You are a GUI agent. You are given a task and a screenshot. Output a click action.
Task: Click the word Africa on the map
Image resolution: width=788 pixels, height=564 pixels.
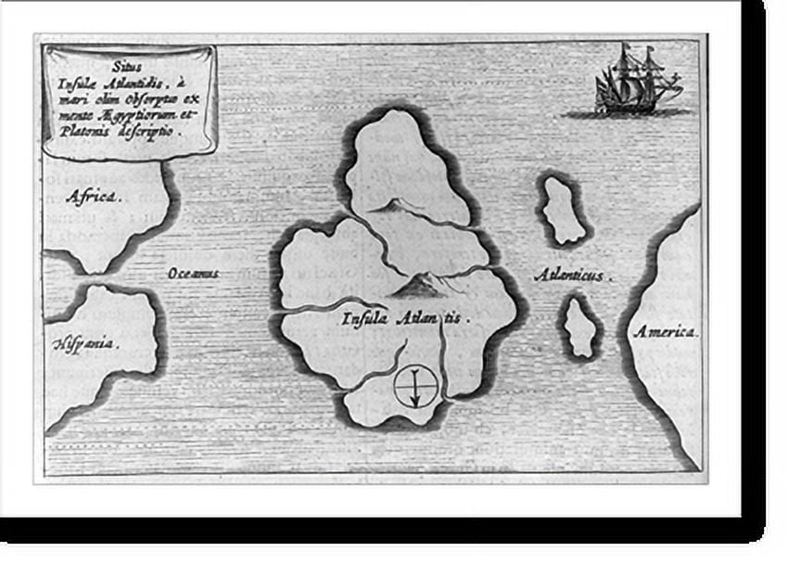point(91,196)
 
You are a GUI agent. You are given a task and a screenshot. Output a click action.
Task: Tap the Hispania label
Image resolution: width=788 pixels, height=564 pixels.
point(83,343)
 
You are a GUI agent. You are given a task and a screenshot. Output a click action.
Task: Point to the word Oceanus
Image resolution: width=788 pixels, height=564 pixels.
point(194,274)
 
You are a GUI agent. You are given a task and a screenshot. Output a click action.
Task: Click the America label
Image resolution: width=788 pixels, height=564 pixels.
point(666,332)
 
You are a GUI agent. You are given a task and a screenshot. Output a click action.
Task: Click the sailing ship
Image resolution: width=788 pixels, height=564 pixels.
point(638,82)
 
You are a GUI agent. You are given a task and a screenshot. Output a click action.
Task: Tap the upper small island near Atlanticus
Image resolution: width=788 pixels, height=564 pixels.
point(563,210)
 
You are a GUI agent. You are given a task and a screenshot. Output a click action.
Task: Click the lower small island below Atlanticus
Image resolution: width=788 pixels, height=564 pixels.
point(581,327)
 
